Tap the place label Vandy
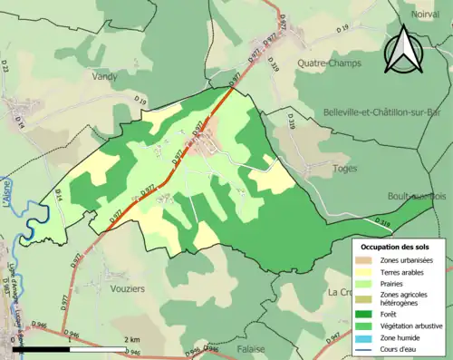click(105, 78)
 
